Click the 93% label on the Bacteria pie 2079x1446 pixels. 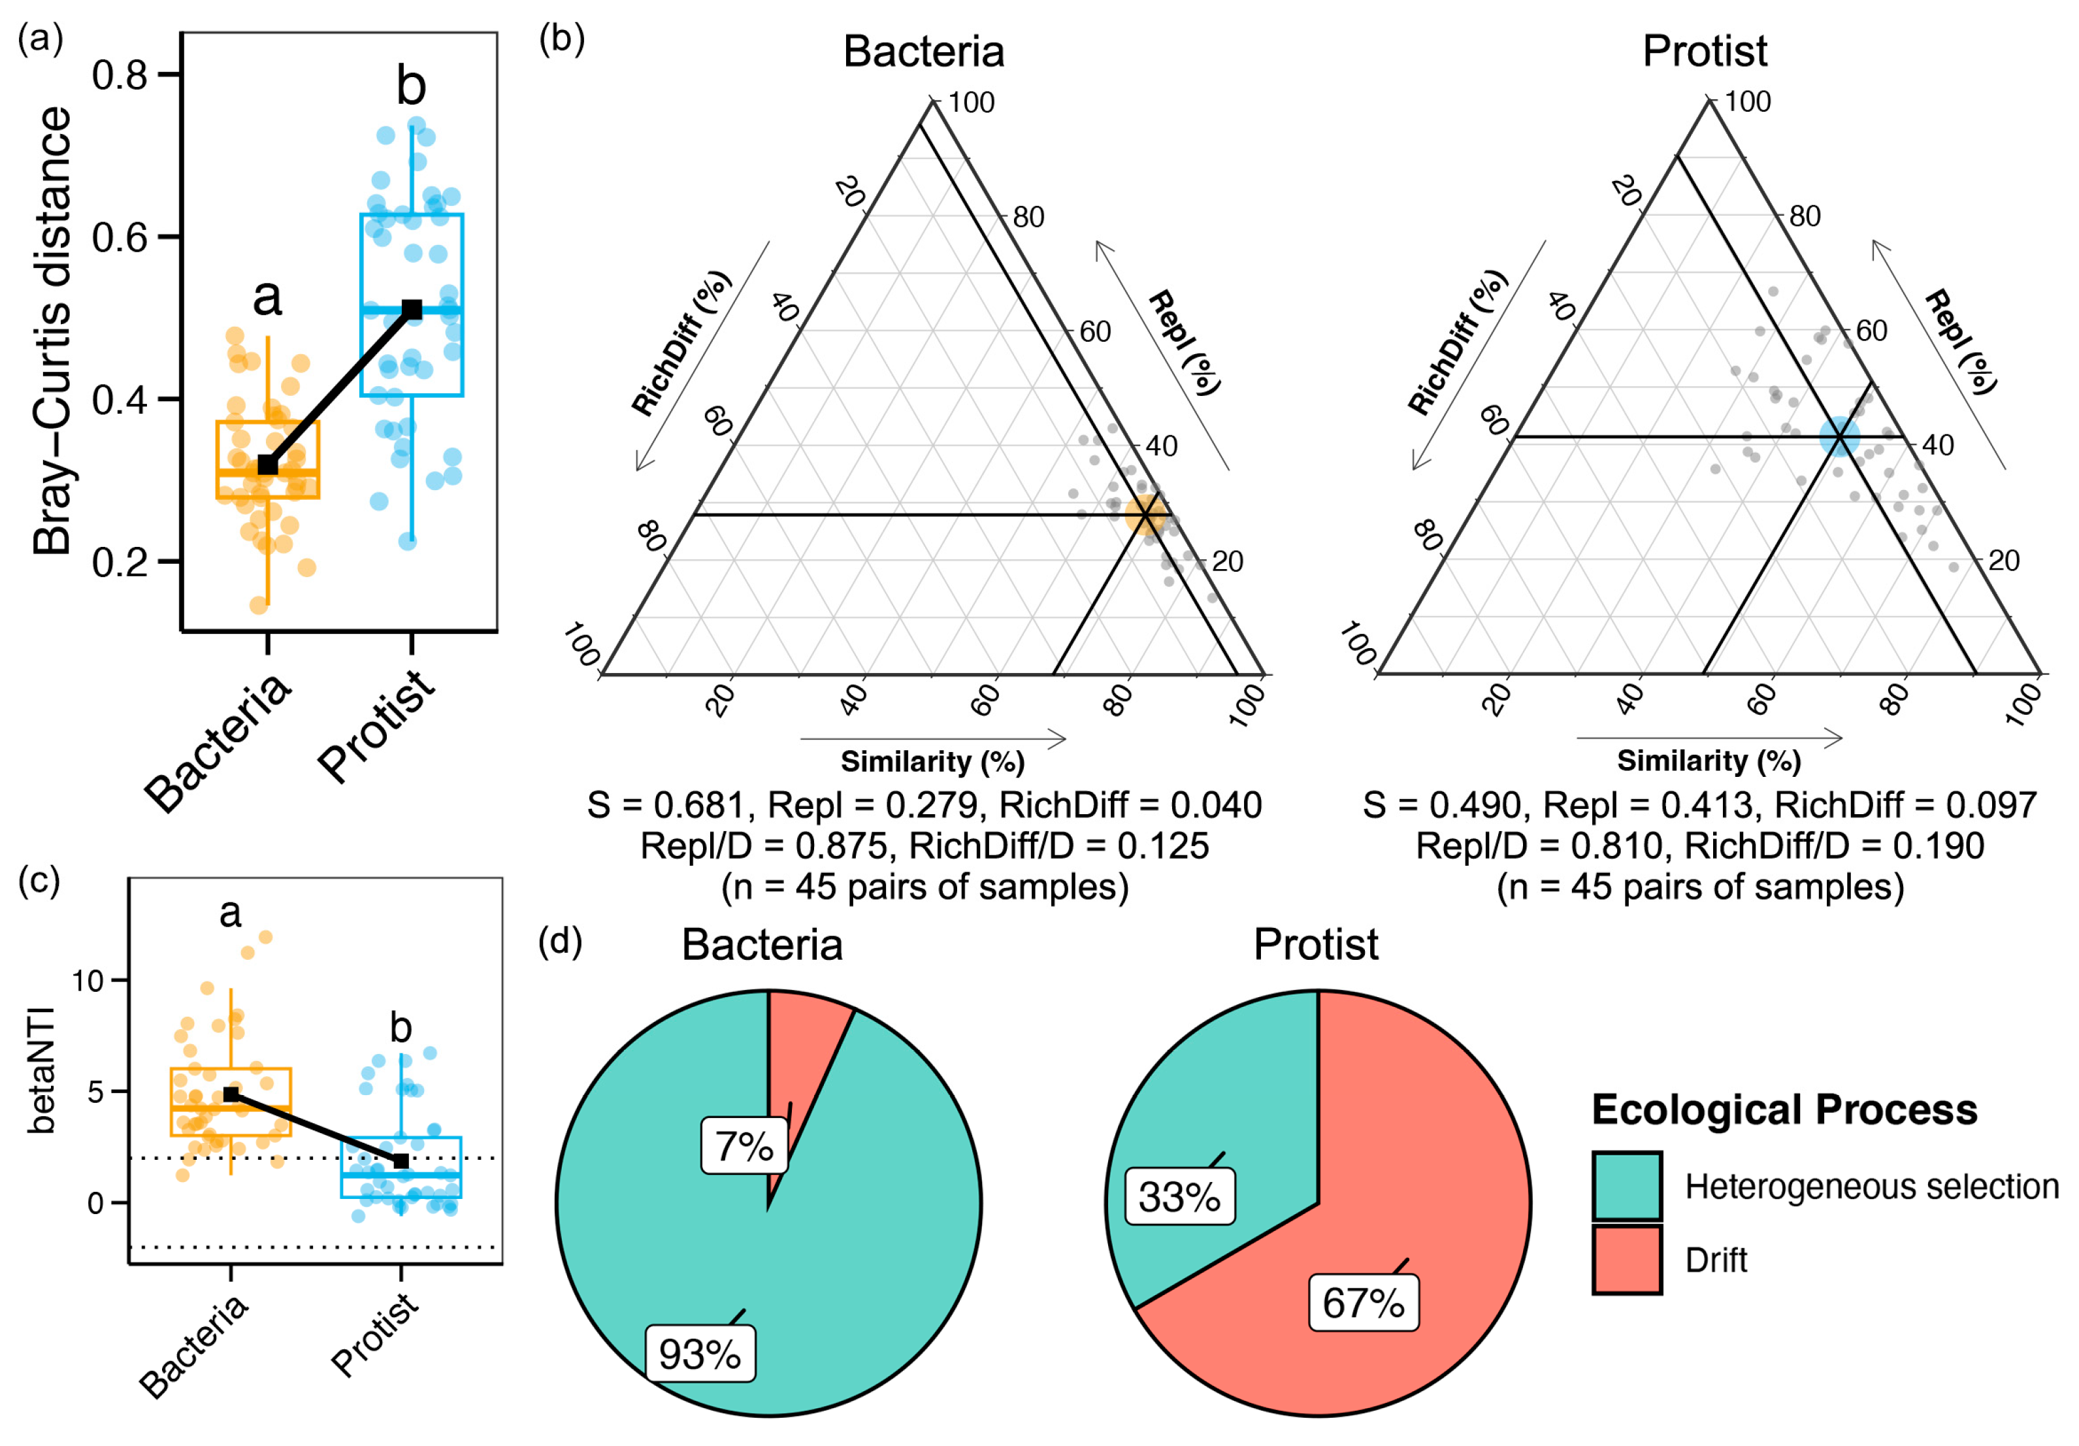(x=700, y=1355)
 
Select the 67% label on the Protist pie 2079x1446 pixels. (x=1364, y=1303)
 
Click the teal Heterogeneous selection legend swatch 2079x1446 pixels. (x=1627, y=1186)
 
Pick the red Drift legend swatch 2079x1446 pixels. (x=1627, y=1260)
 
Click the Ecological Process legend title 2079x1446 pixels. (x=1784, y=1110)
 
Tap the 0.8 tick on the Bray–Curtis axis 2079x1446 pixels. (x=120, y=75)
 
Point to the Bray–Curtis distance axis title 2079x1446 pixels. (x=52, y=331)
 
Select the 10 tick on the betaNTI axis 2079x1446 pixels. (x=89, y=981)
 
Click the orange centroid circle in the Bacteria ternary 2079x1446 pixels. (x=1145, y=514)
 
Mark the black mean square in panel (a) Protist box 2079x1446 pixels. (x=412, y=310)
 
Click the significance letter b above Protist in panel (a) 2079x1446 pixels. (x=411, y=86)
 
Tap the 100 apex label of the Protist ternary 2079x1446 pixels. (x=1746, y=103)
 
